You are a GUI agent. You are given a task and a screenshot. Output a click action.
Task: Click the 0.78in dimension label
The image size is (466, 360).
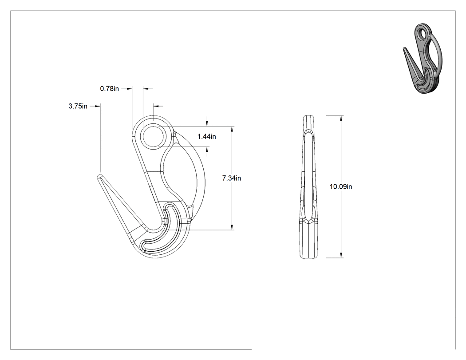[x=109, y=89]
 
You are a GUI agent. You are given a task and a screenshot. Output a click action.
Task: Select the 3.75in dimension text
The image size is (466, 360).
[x=78, y=106]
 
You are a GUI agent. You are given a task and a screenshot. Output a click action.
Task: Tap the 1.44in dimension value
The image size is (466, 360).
[x=206, y=136]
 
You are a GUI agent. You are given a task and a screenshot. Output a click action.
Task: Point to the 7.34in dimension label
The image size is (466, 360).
[x=232, y=178]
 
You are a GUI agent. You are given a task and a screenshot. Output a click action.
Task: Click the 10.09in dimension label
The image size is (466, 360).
[x=341, y=187]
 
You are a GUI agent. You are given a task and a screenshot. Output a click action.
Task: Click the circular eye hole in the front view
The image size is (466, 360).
[x=153, y=136]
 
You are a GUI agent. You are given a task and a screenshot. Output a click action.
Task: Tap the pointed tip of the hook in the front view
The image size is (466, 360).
[x=99, y=175]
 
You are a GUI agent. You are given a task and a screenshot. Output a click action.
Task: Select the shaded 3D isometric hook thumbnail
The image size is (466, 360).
[x=423, y=59]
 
